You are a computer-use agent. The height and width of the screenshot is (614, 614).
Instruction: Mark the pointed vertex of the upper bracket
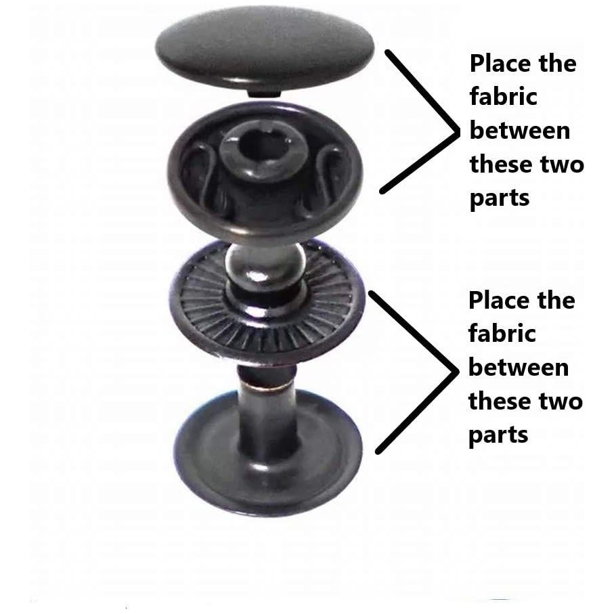[x=454, y=125]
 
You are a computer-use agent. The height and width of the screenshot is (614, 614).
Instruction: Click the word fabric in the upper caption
[x=503, y=97]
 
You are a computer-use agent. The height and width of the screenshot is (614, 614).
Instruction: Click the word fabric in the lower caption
[x=502, y=334]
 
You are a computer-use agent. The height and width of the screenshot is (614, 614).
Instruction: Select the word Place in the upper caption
[x=503, y=64]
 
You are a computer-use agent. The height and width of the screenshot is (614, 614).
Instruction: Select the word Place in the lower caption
[x=502, y=301]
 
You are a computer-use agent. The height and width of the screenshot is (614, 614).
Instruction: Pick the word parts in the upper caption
[x=500, y=199]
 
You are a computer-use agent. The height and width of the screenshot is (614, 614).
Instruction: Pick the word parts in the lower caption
[x=498, y=435]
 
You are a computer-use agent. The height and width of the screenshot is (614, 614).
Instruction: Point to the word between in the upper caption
[x=519, y=131]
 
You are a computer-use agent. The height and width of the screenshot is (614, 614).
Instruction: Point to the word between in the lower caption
[x=518, y=368]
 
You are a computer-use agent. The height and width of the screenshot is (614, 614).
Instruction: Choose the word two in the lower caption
[x=558, y=401]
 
